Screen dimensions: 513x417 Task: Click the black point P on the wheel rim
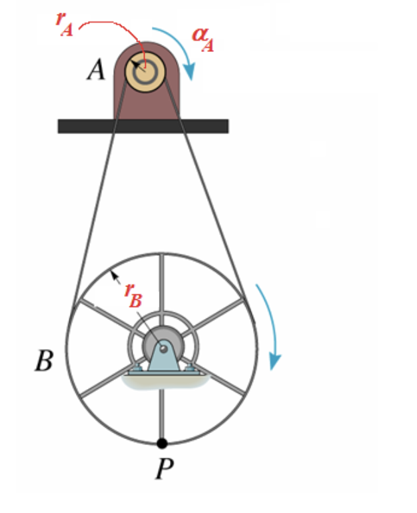(162, 443)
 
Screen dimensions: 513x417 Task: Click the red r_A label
(65, 24)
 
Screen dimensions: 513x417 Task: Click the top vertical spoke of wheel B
(161, 280)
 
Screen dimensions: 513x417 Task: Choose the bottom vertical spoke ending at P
(162, 413)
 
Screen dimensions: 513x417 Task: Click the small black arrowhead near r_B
(114, 272)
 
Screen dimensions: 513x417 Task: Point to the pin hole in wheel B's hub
(162, 348)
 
